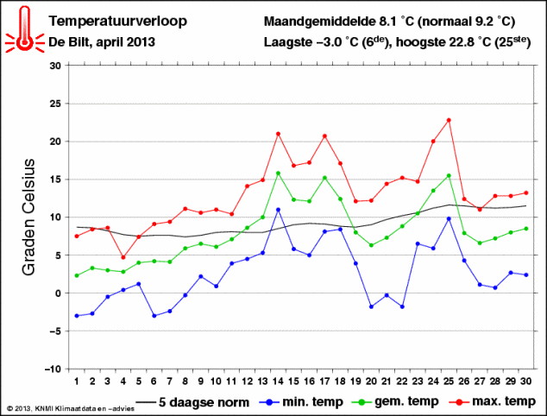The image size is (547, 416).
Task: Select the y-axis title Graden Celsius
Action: pyautogui.click(x=28, y=217)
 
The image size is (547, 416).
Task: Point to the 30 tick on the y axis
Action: pyautogui.click(x=54, y=66)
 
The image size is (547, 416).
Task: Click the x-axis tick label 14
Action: pyautogui.click(x=278, y=381)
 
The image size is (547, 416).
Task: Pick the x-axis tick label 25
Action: pyautogui.click(x=449, y=381)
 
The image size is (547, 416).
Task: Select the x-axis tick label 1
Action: pyautogui.click(x=77, y=381)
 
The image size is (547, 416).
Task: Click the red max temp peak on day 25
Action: pyautogui.click(x=449, y=120)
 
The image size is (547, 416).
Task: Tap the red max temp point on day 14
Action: pyautogui.click(x=278, y=134)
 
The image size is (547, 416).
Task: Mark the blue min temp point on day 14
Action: pyautogui.click(x=278, y=210)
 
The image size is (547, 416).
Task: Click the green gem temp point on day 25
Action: pyautogui.click(x=449, y=175)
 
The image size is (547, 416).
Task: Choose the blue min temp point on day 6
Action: pyautogui.click(x=154, y=316)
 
